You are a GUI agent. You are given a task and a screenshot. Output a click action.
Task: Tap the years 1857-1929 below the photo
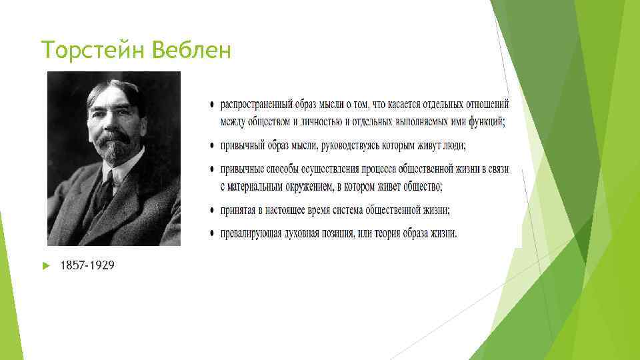(x=87, y=265)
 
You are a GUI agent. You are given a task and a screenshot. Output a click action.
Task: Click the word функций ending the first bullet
(x=485, y=121)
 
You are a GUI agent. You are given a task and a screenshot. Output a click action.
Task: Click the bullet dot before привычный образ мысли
(x=212, y=146)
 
